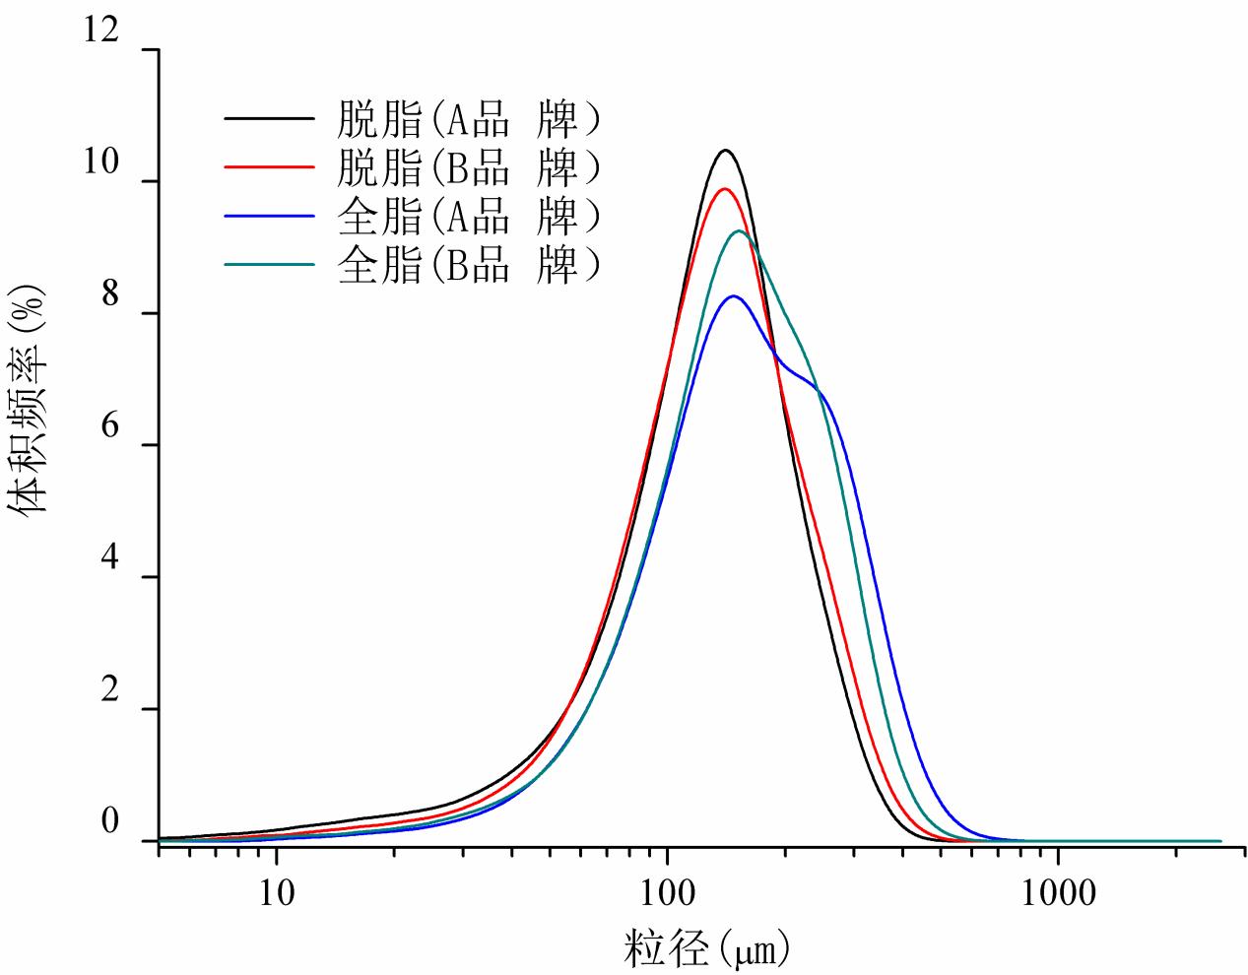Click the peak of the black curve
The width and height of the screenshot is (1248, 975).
tap(726, 151)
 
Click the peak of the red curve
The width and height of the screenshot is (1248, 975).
tap(725, 189)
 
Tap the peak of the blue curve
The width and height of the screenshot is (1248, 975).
tap(734, 295)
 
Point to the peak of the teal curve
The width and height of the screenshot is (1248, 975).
tap(739, 231)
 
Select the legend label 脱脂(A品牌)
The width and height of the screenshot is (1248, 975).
tap(468, 120)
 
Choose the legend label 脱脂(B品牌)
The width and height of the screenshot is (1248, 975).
tap(468, 168)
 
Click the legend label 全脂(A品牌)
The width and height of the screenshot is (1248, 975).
tap(468, 216)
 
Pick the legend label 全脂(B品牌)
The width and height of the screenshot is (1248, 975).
tap(468, 264)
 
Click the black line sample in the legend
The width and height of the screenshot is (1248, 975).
tap(269, 120)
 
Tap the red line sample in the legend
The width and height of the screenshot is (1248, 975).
tap(269, 168)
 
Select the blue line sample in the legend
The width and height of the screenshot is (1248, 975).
tap(269, 216)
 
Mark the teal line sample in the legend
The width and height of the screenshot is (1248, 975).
tap(269, 264)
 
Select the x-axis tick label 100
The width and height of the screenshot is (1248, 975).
tap(667, 892)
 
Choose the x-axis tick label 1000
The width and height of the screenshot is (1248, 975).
tap(1058, 892)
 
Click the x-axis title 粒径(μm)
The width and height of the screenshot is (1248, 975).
tap(706, 949)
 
